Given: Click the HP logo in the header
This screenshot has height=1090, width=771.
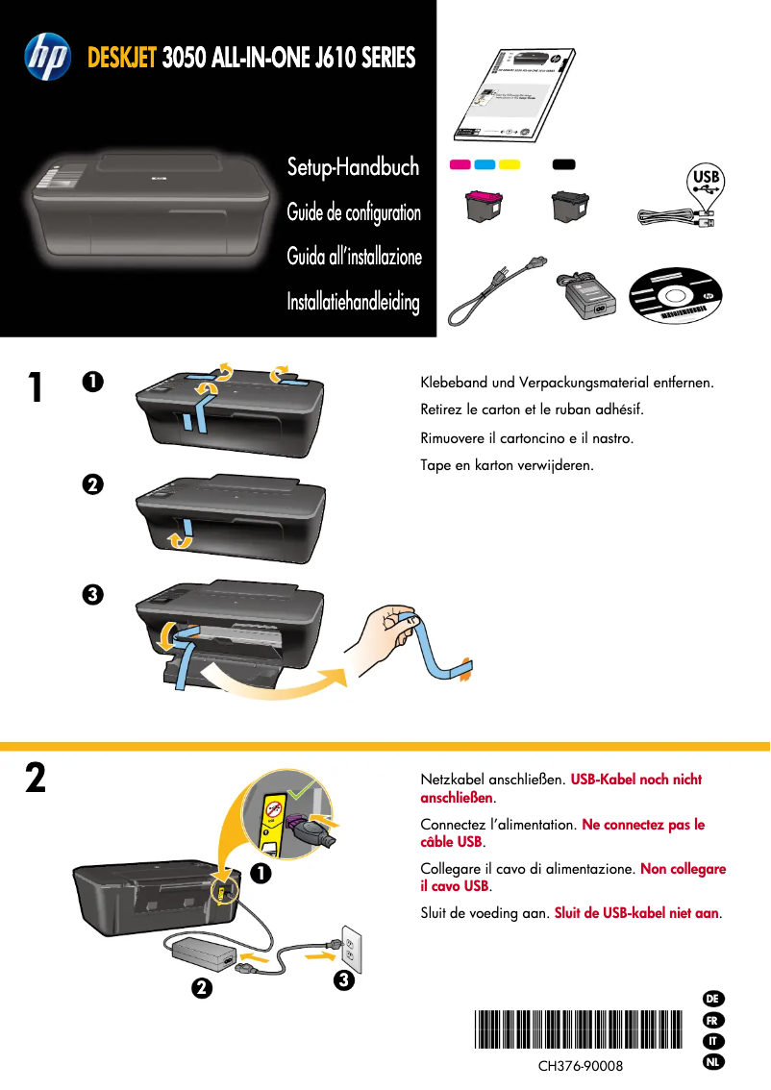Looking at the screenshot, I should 47,57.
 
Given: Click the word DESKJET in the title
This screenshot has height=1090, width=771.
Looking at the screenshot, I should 122,58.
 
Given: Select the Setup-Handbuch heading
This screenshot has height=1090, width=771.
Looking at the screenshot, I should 353,167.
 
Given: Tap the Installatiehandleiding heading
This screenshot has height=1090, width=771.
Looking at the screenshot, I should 353,303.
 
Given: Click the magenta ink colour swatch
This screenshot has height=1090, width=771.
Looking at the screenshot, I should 460,164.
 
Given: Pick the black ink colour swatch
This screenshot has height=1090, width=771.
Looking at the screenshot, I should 563,164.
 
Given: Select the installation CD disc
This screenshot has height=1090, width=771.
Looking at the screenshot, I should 674,295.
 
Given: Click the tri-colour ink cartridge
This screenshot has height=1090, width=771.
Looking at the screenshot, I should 483,211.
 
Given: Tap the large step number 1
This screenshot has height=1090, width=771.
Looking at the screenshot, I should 35,387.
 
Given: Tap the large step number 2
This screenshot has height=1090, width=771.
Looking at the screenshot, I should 35,778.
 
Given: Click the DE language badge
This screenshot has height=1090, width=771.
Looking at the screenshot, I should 712,999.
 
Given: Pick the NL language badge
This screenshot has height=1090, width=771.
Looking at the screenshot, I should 712,1062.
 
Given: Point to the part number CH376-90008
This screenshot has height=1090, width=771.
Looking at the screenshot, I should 580,1067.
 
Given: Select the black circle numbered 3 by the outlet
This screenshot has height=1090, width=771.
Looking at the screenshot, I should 345,981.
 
